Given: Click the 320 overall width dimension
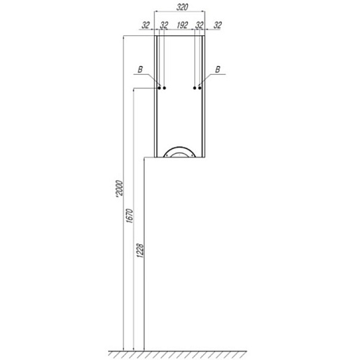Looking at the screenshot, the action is [x=182, y=7].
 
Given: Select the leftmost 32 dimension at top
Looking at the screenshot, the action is [x=145, y=25].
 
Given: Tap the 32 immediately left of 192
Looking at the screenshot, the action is [x=164, y=25].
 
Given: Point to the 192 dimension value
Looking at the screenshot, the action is [x=182, y=25].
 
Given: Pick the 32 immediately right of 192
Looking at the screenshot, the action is [x=199, y=25].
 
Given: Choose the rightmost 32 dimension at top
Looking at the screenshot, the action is [x=217, y=25].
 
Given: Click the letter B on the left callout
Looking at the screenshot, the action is [x=140, y=70].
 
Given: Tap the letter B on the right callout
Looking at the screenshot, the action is [x=217, y=70].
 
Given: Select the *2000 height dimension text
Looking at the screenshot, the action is [x=119, y=189].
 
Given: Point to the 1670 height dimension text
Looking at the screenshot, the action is [x=130, y=216].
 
